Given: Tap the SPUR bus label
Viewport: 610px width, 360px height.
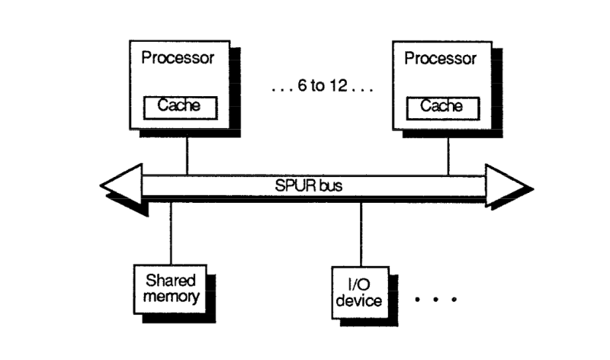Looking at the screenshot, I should tap(313, 186).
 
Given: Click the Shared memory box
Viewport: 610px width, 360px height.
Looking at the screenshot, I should tap(168, 287).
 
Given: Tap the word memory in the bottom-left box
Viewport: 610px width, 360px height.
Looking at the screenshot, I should tap(168, 295).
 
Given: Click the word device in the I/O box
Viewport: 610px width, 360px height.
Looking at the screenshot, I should tap(358, 300).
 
